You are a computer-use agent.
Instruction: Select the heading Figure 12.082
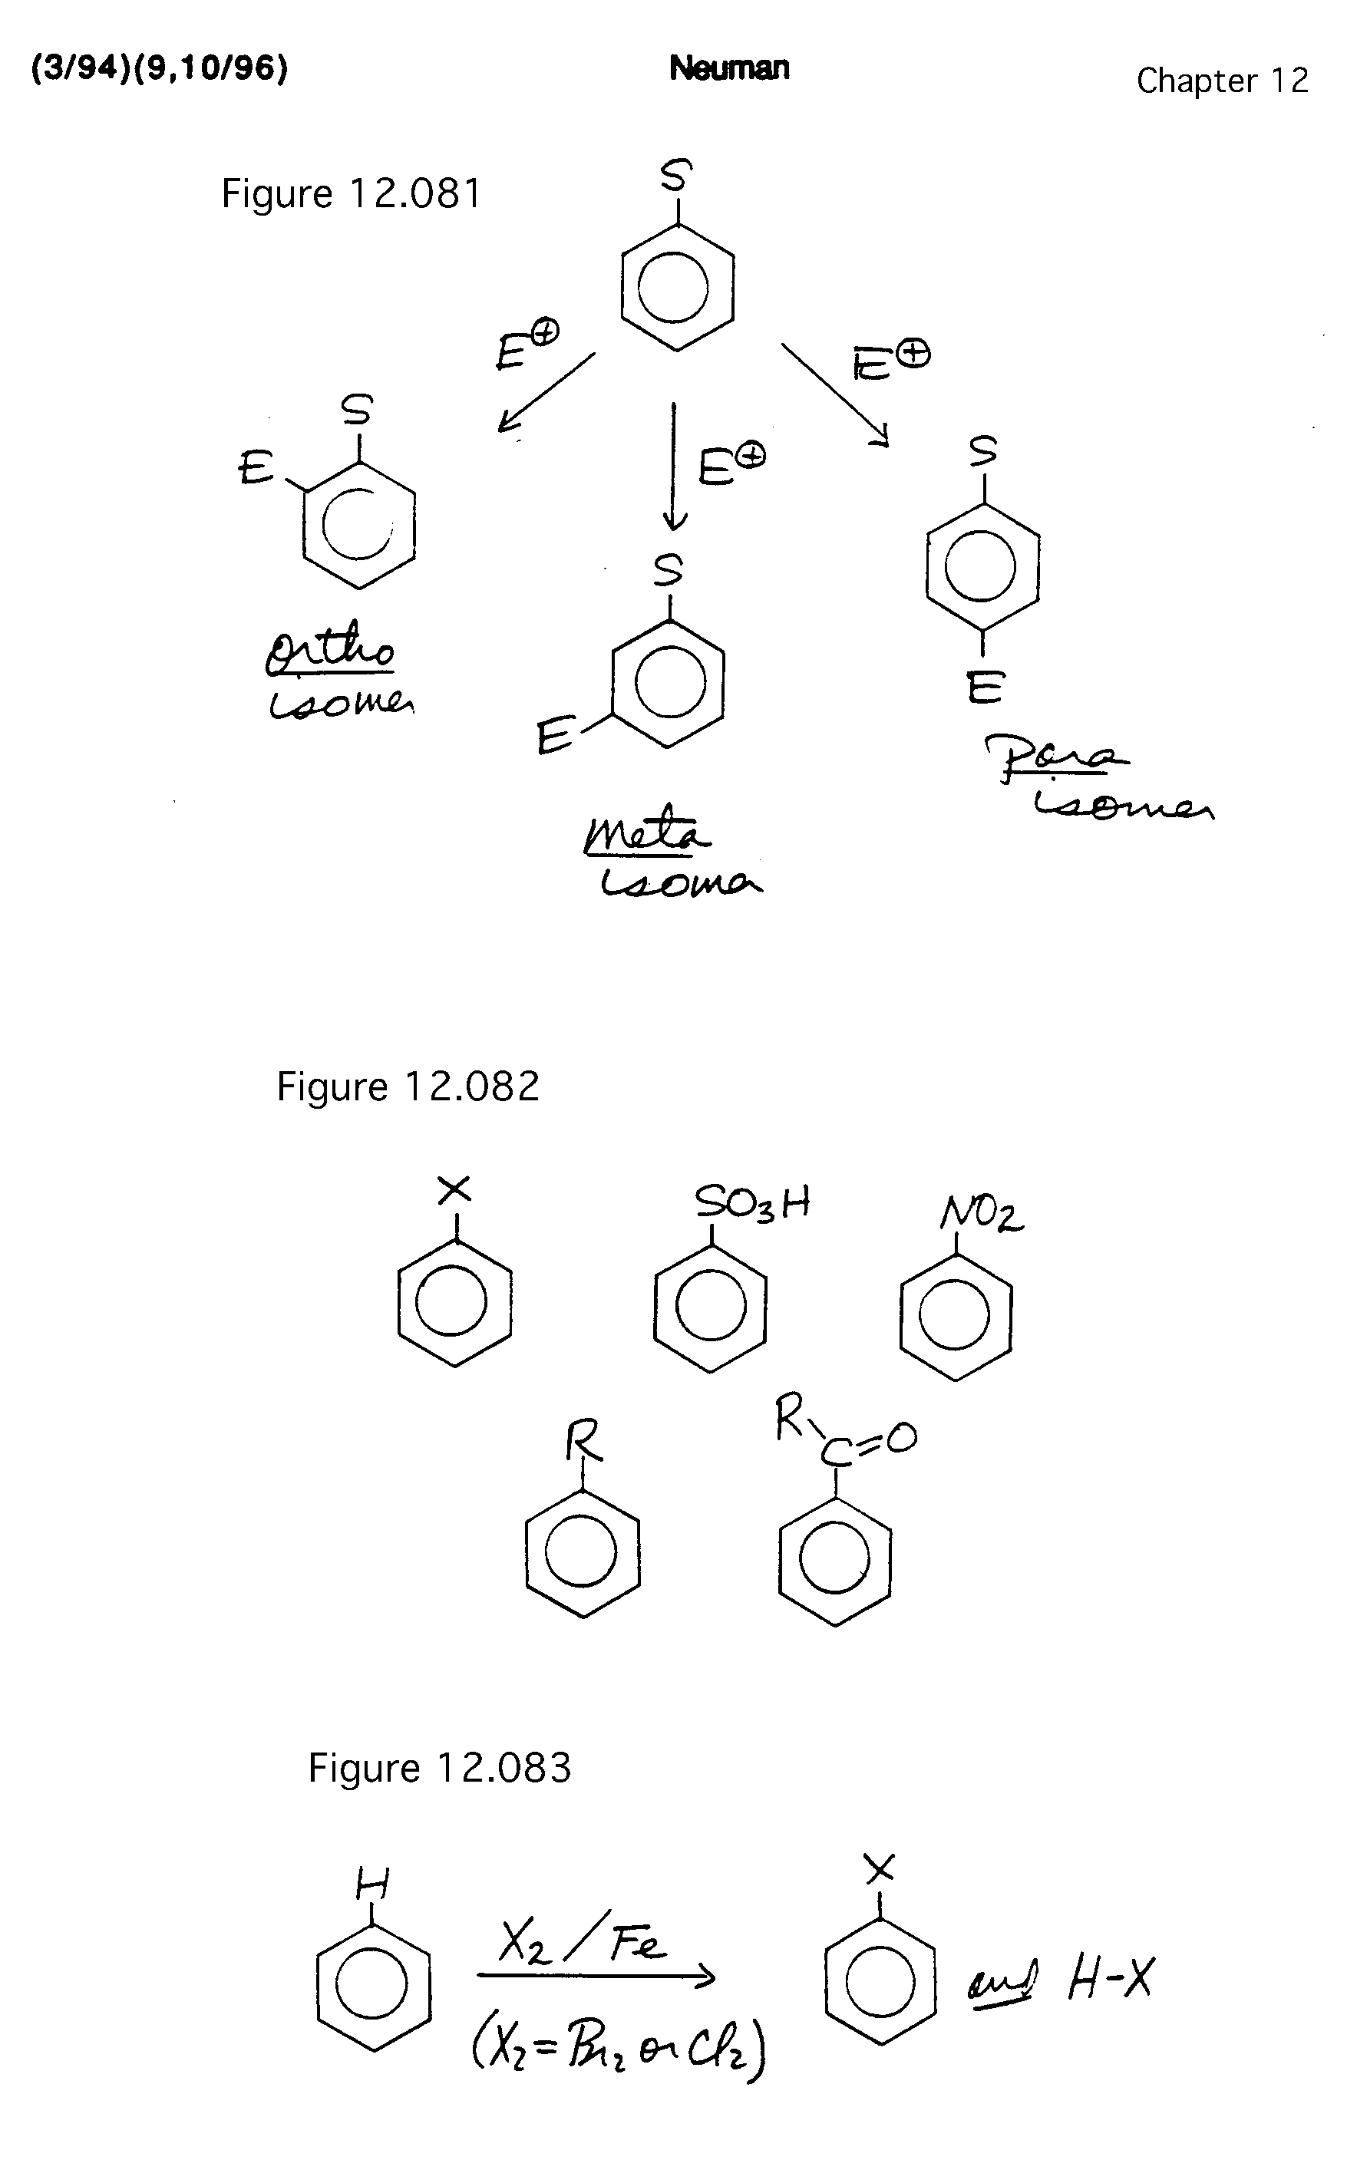pos(408,1086)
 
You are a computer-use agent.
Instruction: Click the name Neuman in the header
pos(728,68)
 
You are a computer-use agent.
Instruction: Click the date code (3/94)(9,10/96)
pos(160,68)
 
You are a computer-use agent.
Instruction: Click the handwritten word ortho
pos(330,648)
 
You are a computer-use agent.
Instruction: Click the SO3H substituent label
pos(752,1203)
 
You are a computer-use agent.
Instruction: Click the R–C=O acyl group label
pos(844,1436)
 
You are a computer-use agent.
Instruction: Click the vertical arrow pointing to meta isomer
pos(673,467)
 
